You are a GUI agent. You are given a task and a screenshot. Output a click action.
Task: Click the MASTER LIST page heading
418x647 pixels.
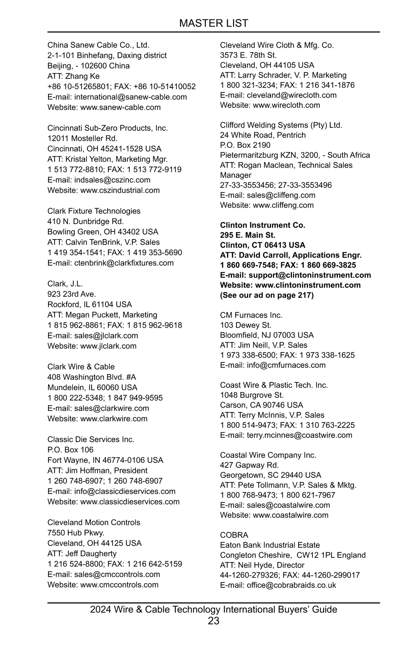[x=214, y=23]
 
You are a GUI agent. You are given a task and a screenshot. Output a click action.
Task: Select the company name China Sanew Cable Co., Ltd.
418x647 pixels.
[x=98, y=45]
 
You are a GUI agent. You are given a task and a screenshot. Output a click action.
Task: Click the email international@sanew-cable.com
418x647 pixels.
[x=130, y=97]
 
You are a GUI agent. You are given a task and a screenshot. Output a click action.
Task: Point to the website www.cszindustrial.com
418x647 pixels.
[x=120, y=190]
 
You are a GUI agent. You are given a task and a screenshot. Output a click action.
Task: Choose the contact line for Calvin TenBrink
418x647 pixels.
[x=103, y=242]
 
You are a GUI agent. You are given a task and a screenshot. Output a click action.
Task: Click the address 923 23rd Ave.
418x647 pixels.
[x=72, y=294]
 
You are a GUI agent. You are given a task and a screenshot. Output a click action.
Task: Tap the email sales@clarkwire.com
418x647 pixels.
[x=111, y=408]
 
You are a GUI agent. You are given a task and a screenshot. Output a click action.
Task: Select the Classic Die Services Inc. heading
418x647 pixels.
[x=91, y=439]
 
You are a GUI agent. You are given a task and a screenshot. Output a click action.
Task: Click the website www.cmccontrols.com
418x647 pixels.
[x=119, y=585]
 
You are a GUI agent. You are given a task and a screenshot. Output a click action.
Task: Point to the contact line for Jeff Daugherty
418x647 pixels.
[x=82, y=554]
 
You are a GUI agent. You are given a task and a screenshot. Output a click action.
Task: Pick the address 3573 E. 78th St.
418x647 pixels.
[x=248, y=55]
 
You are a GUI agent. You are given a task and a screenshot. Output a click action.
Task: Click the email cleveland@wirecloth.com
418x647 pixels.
[x=292, y=95]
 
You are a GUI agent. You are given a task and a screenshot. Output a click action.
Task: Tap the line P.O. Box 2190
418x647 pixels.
[x=245, y=145]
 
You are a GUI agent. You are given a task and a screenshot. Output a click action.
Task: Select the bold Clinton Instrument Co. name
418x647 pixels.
[x=263, y=225]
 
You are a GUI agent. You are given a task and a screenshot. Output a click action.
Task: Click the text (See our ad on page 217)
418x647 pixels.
[x=267, y=295]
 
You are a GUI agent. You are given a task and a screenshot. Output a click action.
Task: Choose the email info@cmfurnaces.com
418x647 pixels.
[x=286, y=365]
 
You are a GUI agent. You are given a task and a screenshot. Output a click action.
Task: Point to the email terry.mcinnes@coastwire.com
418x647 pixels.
[x=299, y=435]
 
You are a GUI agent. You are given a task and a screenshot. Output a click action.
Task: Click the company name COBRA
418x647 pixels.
[x=234, y=535]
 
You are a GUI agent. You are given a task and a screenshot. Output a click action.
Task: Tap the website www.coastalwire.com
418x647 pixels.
[x=291, y=515]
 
